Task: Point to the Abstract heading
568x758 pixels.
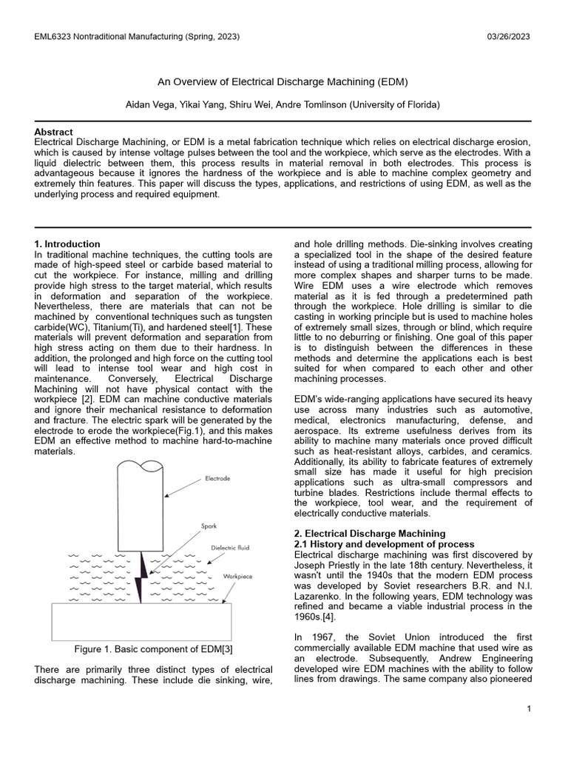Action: pos(53,132)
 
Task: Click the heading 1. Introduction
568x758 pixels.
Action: pos(67,244)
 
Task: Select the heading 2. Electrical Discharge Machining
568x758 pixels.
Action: pos(370,533)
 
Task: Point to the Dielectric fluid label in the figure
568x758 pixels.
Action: pos(231,548)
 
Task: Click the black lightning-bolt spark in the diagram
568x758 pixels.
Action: pos(141,577)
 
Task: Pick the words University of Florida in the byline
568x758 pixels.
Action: pos(398,105)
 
